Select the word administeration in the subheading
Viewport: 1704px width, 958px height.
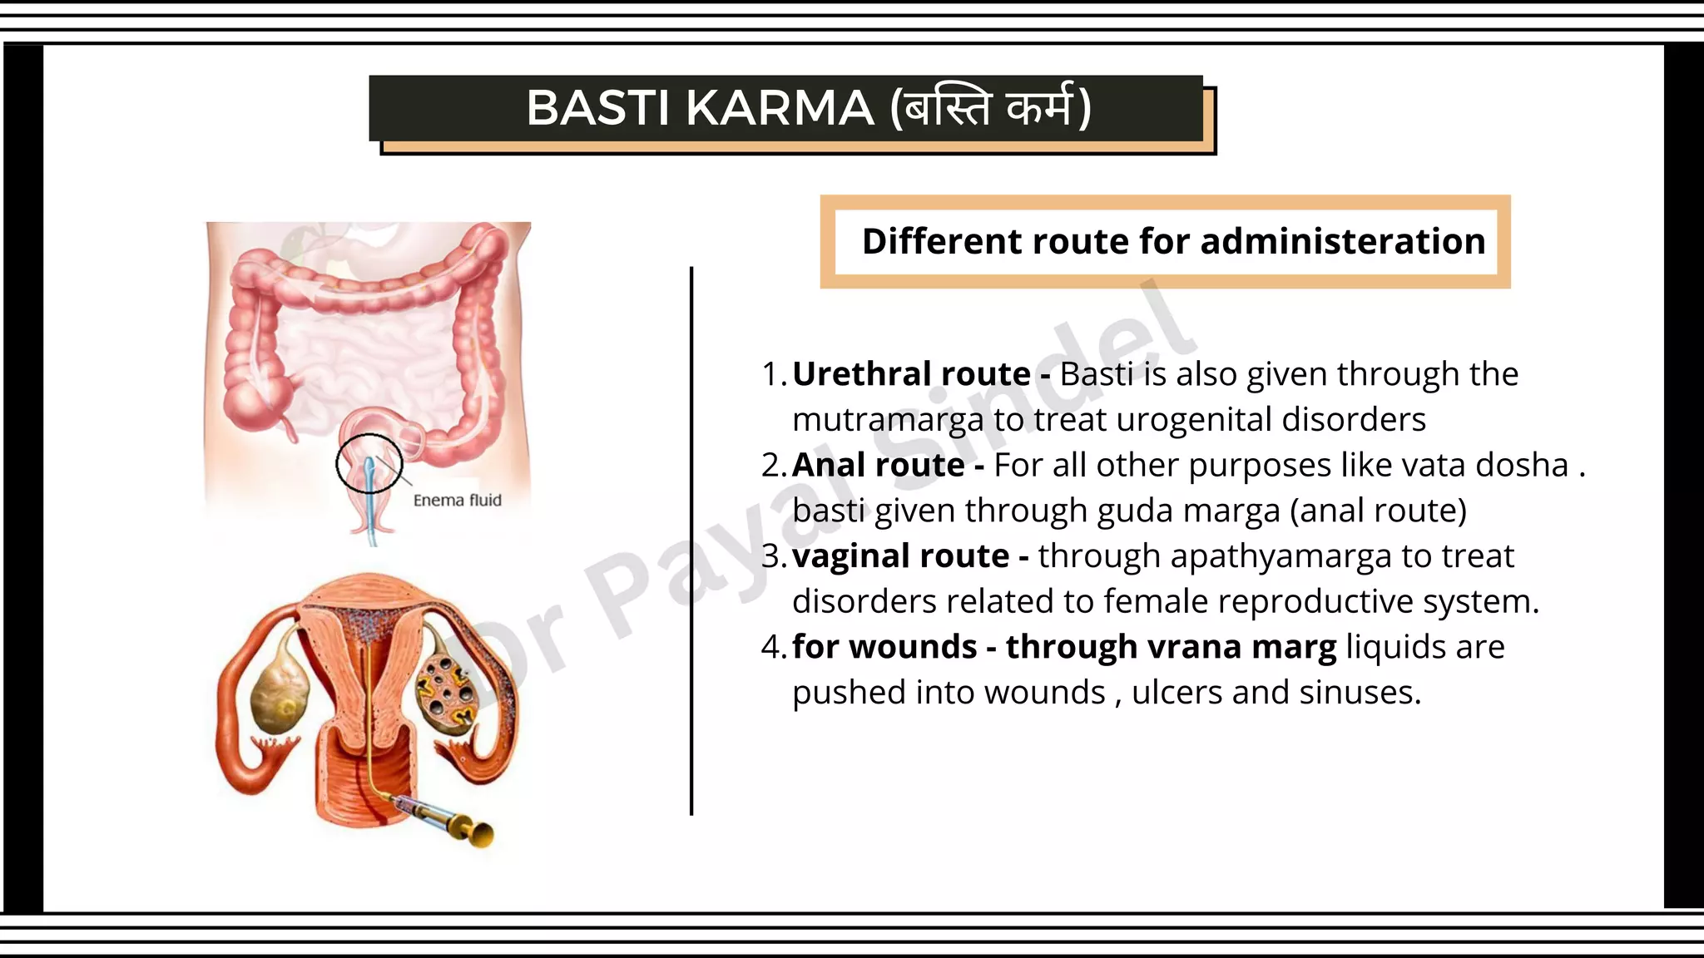click(1343, 241)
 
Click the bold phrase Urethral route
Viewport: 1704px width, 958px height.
click(911, 374)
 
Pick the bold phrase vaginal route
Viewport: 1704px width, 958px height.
click(900, 556)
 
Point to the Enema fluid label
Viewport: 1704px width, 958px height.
click(457, 500)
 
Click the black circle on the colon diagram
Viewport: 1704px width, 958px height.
click(369, 463)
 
